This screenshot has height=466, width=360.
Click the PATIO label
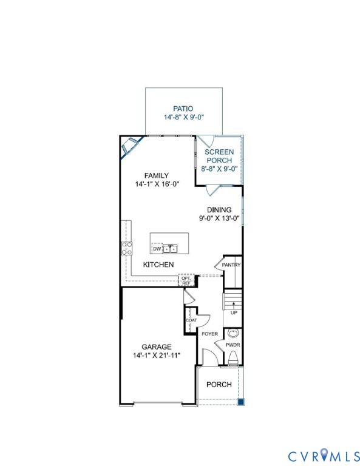click(183, 109)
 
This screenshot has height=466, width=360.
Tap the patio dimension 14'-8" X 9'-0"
click(183, 117)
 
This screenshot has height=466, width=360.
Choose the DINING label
click(219, 210)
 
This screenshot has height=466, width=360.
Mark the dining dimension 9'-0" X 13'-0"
click(219, 218)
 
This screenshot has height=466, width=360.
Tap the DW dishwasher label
click(157, 249)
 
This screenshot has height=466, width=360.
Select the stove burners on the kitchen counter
click(127, 248)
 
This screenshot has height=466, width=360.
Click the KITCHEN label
click(158, 265)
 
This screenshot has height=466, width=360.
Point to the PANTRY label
click(231, 265)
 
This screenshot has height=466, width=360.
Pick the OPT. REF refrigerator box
click(186, 281)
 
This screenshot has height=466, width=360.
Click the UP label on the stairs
click(234, 313)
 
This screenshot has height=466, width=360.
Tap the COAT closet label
click(191, 320)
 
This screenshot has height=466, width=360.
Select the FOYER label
click(209, 334)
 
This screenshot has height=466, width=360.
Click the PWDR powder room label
click(233, 345)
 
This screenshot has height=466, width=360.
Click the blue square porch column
click(240, 401)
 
